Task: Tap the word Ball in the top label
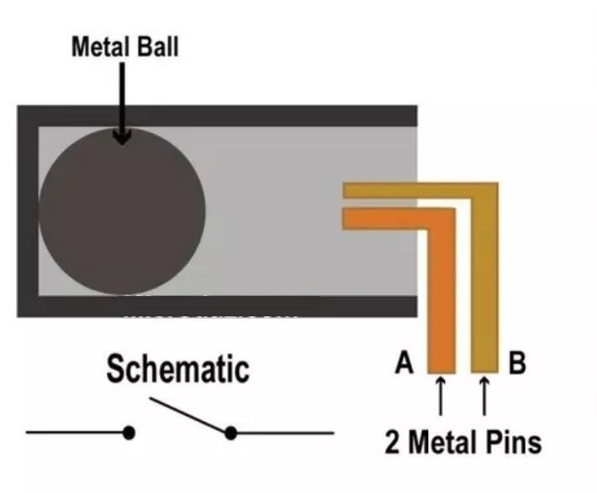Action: click(158, 46)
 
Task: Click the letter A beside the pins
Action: click(404, 363)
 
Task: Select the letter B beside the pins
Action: click(517, 363)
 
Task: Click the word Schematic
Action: click(178, 370)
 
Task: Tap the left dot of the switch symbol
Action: click(129, 432)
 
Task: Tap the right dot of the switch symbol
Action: click(230, 432)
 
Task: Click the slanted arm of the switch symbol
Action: click(189, 416)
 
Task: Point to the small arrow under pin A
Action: click(441, 395)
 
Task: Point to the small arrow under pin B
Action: click(484, 395)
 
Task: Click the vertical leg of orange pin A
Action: click(441, 294)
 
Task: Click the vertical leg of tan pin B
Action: click(485, 294)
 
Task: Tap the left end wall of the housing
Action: click(27, 210)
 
